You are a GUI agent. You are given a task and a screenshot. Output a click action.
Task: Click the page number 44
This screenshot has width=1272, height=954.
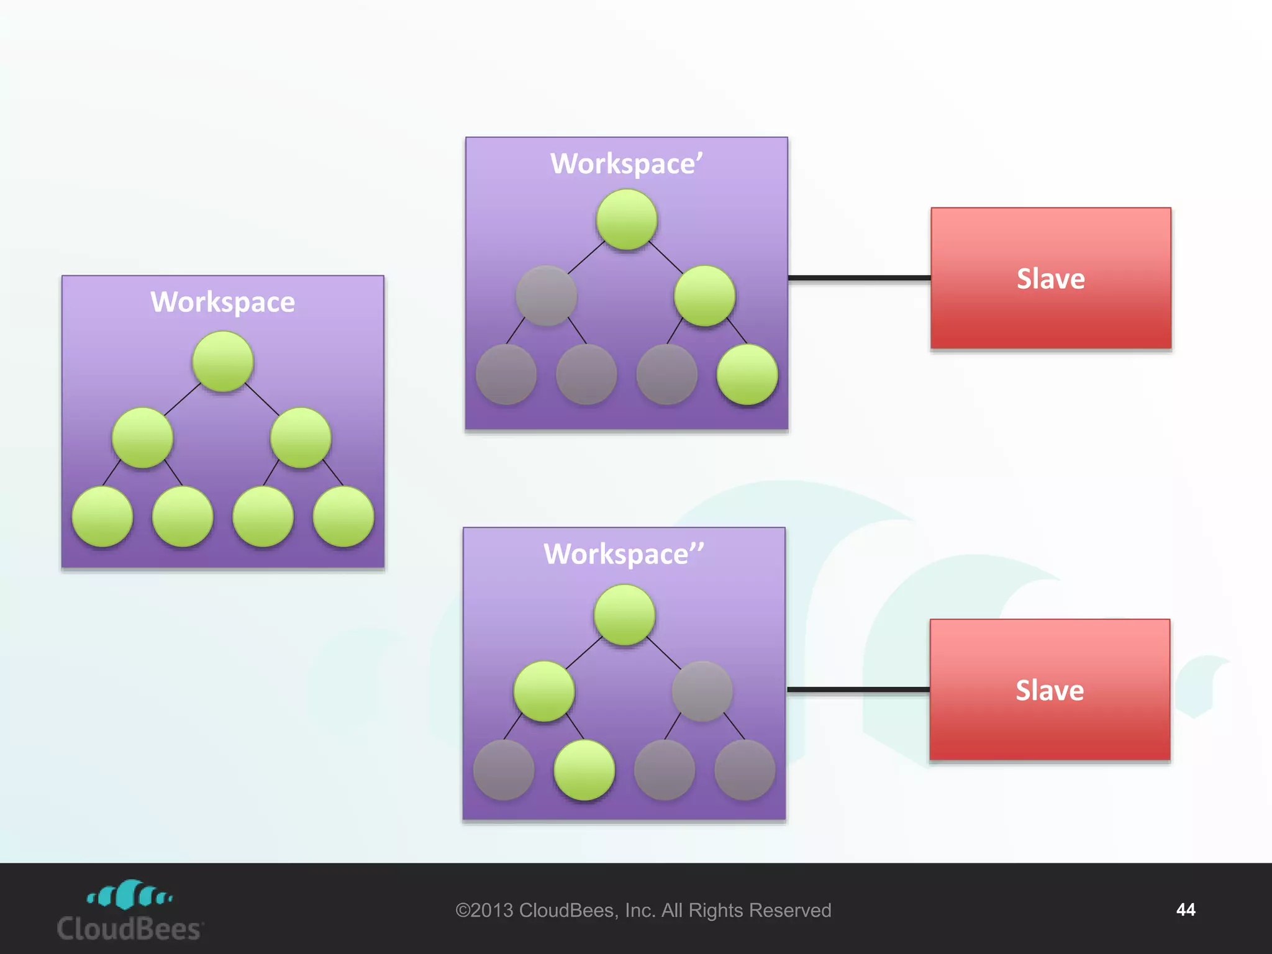pos(1185,910)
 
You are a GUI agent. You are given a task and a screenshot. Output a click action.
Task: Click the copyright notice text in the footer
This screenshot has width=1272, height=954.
pos(643,911)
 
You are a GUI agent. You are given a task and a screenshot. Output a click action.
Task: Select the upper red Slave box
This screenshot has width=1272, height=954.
pos(1050,278)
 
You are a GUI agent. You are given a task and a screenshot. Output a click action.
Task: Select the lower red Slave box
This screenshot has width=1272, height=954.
pos(1050,690)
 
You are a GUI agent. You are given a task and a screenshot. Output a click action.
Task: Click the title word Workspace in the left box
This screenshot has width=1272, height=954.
pos(222,302)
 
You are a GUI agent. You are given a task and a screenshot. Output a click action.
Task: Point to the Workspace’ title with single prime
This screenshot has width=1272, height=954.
pos(626,164)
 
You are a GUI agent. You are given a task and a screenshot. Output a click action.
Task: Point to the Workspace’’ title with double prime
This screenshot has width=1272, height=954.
pos(624,554)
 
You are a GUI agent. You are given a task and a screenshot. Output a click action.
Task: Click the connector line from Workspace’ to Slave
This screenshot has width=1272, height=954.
pos(859,278)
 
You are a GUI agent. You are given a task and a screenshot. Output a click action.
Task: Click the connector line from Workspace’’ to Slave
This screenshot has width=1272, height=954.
pos(858,689)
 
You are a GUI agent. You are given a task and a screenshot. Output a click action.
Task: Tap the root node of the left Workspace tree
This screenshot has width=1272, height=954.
pos(223,361)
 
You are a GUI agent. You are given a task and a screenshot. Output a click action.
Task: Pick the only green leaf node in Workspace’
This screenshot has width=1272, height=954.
pos(747,375)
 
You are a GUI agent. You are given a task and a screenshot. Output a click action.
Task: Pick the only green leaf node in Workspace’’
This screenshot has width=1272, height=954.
pos(584,770)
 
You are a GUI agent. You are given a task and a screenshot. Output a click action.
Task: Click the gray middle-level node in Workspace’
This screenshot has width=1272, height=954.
pos(547,296)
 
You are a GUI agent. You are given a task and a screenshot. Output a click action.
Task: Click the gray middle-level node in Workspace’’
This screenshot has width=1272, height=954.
pos(702,691)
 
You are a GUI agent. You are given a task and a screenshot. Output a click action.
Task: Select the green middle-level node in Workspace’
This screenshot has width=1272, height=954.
pos(705,296)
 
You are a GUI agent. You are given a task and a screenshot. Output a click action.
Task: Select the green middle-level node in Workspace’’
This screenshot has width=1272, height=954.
pos(544,691)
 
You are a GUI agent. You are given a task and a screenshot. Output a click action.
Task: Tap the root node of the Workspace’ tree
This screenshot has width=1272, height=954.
pos(627,220)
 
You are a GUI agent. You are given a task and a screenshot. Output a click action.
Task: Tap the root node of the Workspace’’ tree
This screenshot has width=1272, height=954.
pos(624,615)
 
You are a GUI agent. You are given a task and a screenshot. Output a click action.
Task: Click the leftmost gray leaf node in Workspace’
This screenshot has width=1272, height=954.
pos(506,375)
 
